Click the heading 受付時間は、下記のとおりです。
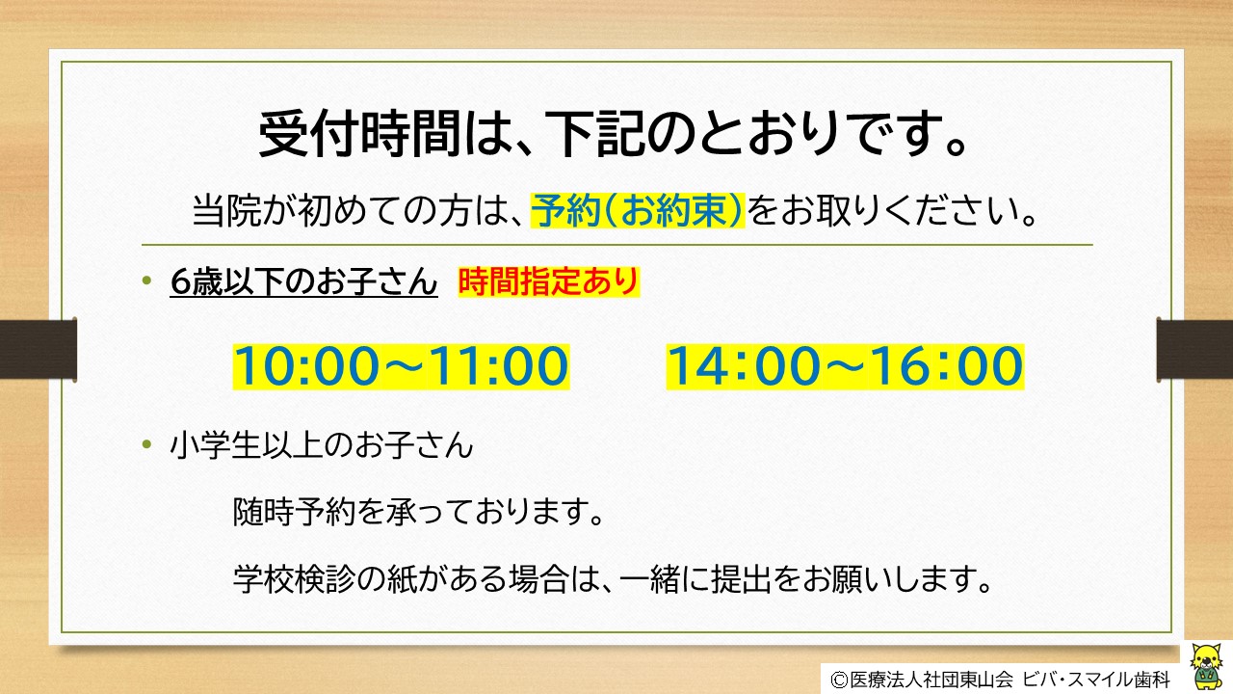[x=613, y=133]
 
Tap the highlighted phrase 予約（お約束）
[x=638, y=210]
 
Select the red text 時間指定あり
[x=549, y=282]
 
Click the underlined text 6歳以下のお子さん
[x=303, y=282]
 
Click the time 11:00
[x=498, y=365]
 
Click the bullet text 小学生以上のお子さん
[x=322, y=445]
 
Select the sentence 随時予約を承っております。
[x=419, y=512]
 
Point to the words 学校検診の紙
[x=324, y=578]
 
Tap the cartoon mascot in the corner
[x=1206, y=665]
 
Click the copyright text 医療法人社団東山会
[x=931, y=680]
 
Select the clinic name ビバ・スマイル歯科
[x=1096, y=680]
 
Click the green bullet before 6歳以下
[x=146, y=280]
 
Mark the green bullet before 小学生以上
[x=146, y=444]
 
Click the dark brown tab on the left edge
[x=38, y=349]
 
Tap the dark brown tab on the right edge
[x=1194, y=349]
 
